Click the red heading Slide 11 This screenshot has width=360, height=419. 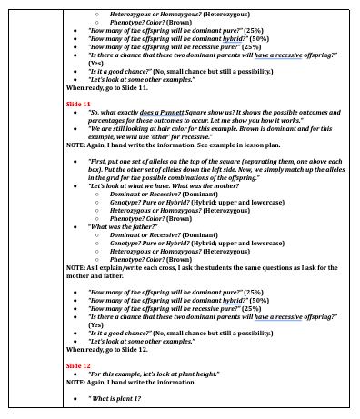tap(78, 105)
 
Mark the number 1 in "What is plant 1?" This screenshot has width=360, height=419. tap(139, 398)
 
